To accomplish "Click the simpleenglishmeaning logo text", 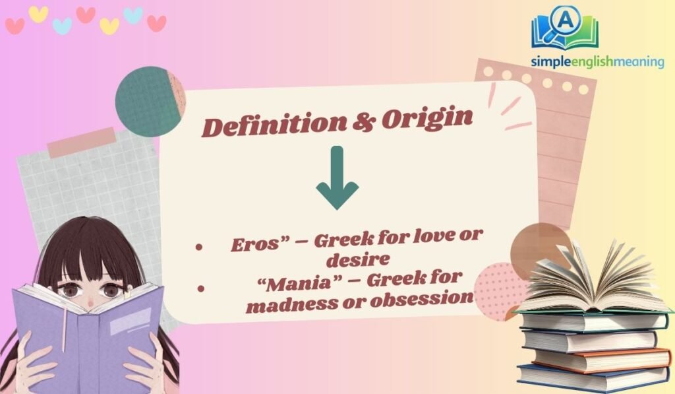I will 597,61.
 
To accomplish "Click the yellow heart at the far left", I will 38,14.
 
